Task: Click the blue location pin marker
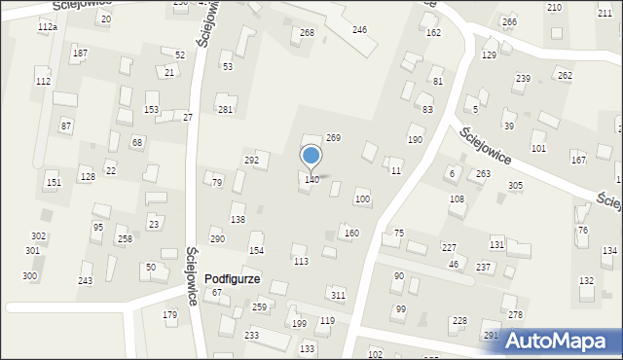[311, 157]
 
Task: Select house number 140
[311, 180]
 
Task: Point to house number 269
[333, 139]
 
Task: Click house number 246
[359, 30]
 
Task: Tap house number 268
[307, 33]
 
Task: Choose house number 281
[225, 110]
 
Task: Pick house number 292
[251, 160]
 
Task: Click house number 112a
[47, 27]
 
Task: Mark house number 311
[338, 295]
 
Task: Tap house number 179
[170, 314]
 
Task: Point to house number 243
[86, 281]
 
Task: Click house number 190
[415, 140]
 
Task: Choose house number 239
[523, 78]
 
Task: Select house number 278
[515, 314]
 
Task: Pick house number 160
[351, 234]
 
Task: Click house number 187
[80, 53]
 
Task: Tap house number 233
[251, 335]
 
